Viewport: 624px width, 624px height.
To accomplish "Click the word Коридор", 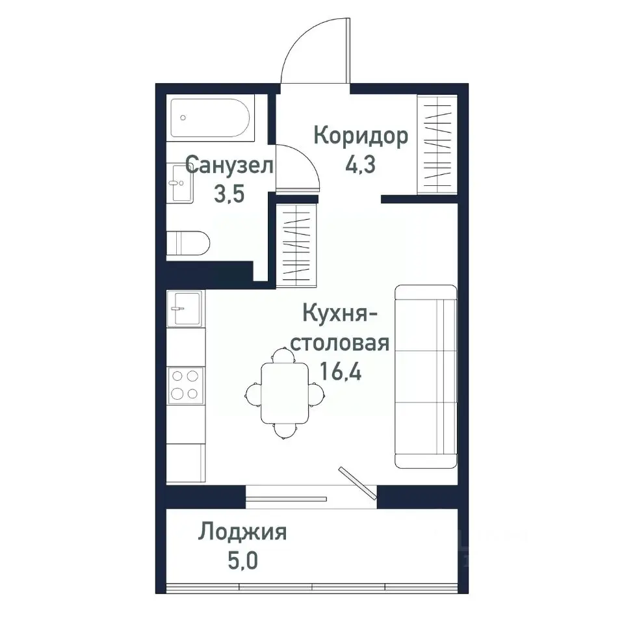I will tap(361, 136).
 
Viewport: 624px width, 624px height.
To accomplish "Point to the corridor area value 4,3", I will tap(362, 165).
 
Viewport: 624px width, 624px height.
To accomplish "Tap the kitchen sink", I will tap(185, 307).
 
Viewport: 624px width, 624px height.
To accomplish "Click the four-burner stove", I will tap(185, 385).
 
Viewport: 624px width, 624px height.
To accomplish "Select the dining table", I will tap(284, 393).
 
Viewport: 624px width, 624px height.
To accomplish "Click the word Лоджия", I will tap(242, 532).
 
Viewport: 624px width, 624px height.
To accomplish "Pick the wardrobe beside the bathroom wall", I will tap(296, 244).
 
